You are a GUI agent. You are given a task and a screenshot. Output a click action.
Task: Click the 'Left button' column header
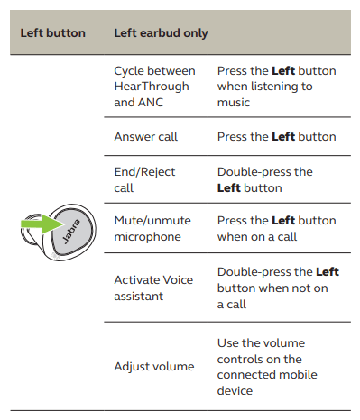[x=53, y=33]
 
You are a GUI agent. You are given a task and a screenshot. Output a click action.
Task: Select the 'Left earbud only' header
[x=161, y=33]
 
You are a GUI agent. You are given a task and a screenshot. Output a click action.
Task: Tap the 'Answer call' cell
[x=146, y=137]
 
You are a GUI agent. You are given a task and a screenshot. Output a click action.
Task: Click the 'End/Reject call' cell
[x=144, y=180]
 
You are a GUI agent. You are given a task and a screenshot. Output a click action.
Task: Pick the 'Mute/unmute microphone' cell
[x=152, y=229]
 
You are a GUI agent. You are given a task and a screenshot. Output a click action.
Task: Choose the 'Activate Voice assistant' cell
[x=153, y=288]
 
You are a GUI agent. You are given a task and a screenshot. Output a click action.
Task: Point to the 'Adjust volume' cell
[x=154, y=367]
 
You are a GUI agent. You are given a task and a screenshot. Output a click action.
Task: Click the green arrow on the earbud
[x=42, y=224]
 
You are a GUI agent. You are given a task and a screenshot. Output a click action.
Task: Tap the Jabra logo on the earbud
[x=71, y=232]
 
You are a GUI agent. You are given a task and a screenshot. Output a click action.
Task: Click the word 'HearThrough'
[x=152, y=87]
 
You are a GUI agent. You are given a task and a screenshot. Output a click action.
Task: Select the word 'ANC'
[x=150, y=103]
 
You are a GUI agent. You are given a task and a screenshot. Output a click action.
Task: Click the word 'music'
[x=234, y=103]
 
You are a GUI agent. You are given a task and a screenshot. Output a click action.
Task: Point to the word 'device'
[x=235, y=391]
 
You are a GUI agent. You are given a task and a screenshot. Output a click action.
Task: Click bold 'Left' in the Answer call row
[x=283, y=137]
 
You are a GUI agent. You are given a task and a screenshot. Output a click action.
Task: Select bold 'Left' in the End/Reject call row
[x=229, y=188]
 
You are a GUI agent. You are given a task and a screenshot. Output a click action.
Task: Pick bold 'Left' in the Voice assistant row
[x=328, y=272]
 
